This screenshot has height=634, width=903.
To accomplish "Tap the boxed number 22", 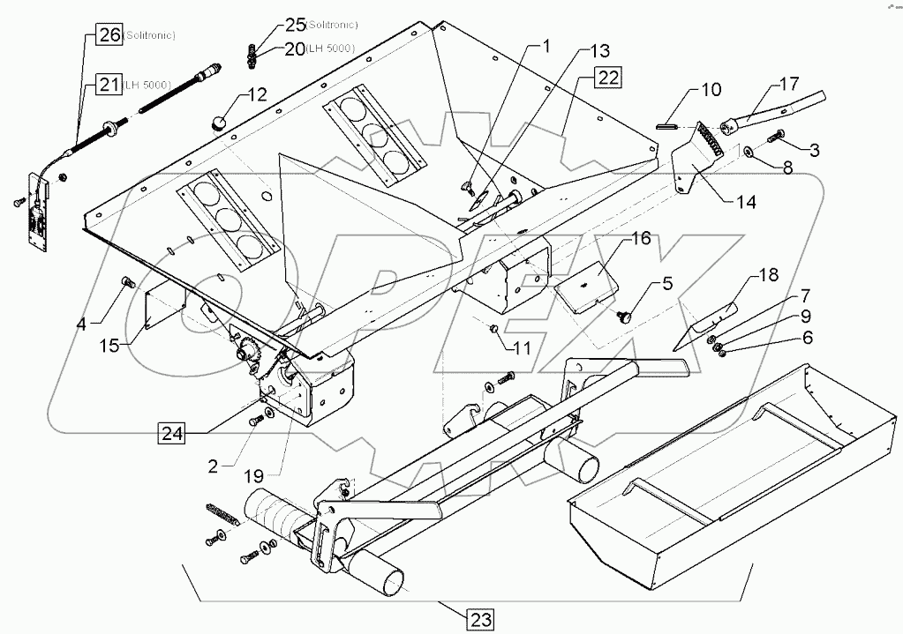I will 606,78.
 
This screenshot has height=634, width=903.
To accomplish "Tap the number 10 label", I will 711,89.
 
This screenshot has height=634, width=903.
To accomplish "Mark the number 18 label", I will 767,274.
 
